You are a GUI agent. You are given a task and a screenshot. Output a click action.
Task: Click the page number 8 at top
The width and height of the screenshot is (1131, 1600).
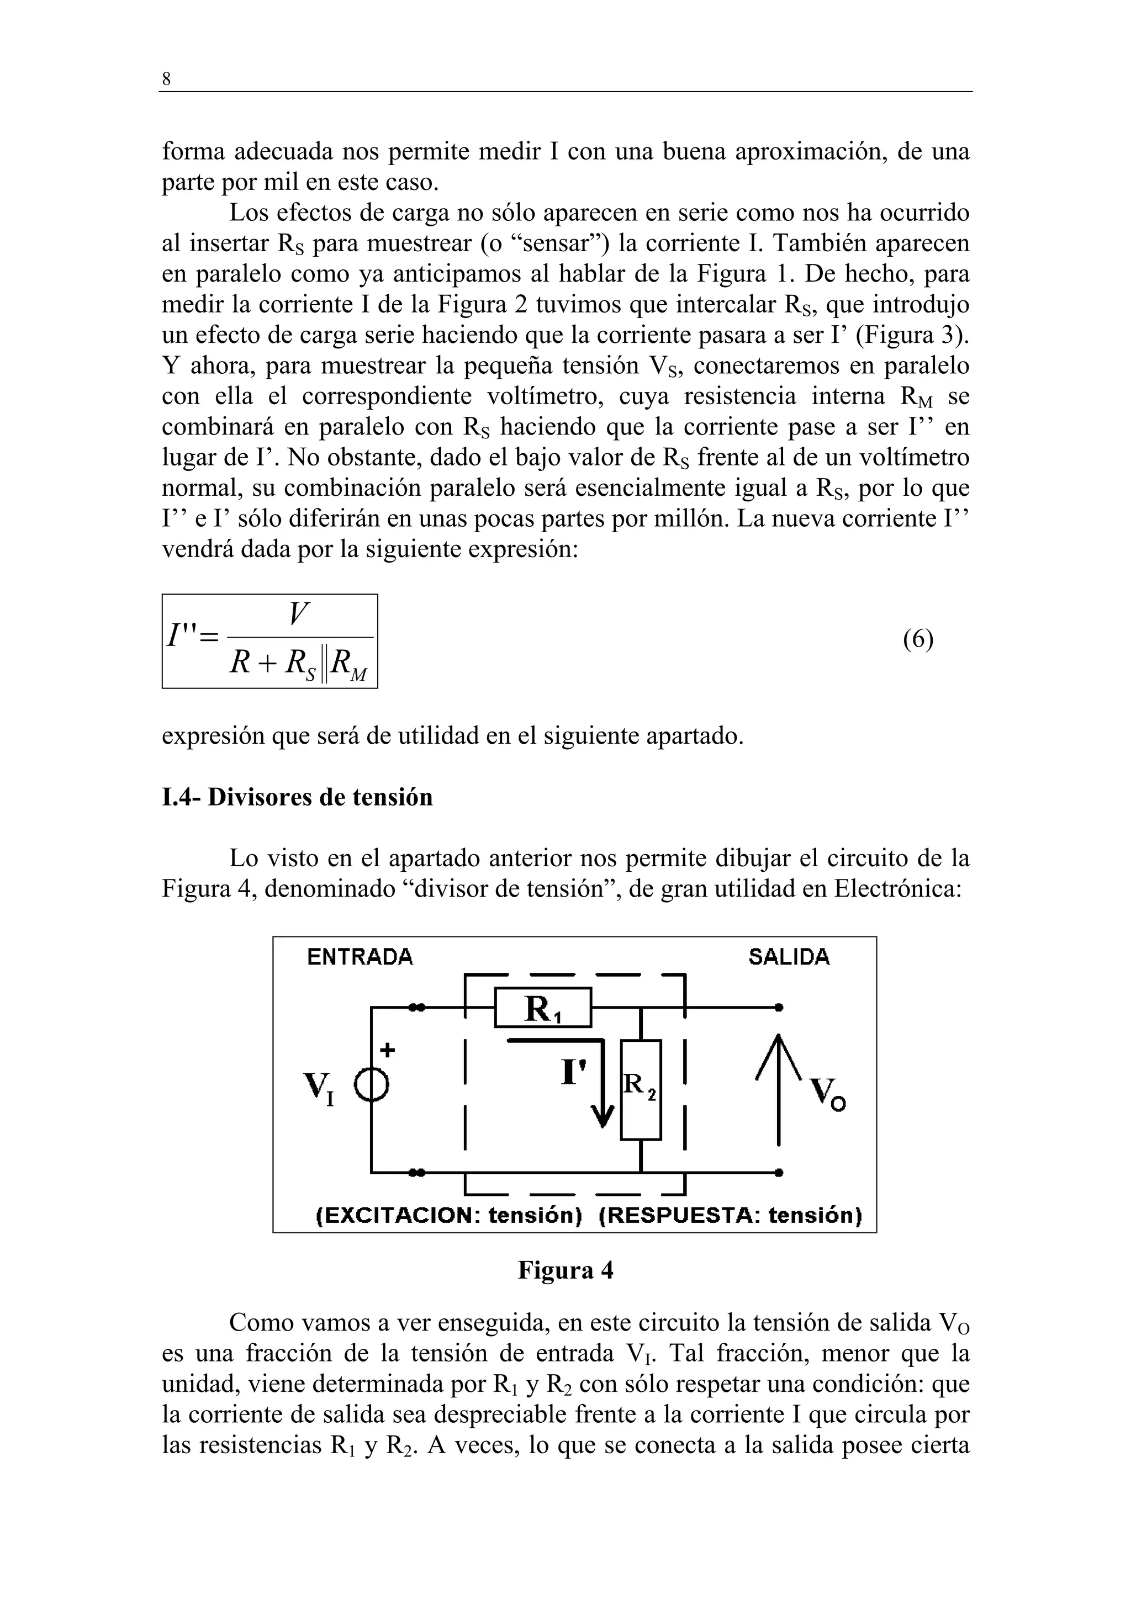coord(166,80)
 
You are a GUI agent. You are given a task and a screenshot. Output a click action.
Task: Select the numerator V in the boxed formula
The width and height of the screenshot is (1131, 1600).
coord(298,614)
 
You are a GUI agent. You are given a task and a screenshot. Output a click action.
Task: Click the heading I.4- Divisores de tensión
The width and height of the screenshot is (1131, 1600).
coord(297,797)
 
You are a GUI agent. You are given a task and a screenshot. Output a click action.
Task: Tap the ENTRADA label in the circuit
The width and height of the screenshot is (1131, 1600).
coord(360,957)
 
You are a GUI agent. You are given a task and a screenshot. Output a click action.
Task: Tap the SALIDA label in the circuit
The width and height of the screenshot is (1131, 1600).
coord(789,957)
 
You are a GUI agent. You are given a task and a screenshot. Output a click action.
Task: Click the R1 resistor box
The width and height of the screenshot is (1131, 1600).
coord(543,1008)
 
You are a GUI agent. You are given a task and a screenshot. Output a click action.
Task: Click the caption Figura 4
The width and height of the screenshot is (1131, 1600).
coord(565,1270)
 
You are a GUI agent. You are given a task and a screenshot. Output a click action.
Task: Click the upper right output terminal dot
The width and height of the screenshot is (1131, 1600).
coord(779,1008)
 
